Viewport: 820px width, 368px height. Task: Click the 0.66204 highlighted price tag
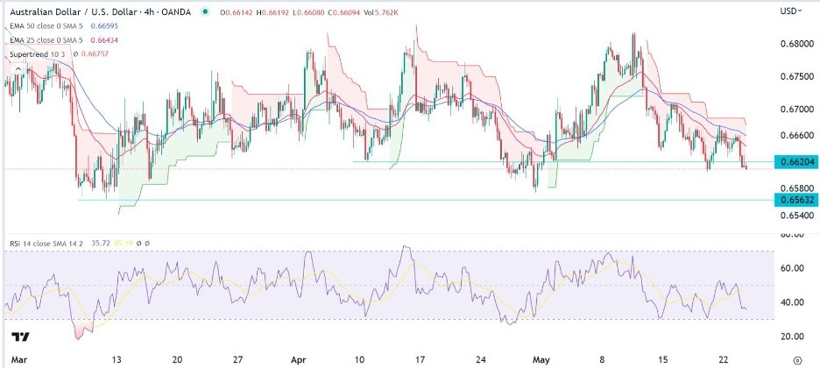coord(795,161)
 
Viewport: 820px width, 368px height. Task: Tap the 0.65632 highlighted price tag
coord(795,200)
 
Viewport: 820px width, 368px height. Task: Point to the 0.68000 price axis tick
coord(795,44)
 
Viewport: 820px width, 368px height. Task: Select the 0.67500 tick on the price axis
coord(795,77)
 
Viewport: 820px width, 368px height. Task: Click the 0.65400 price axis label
coord(795,215)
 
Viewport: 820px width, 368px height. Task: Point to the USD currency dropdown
coord(791,11)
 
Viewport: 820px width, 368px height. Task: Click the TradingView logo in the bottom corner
coord(21,338)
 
